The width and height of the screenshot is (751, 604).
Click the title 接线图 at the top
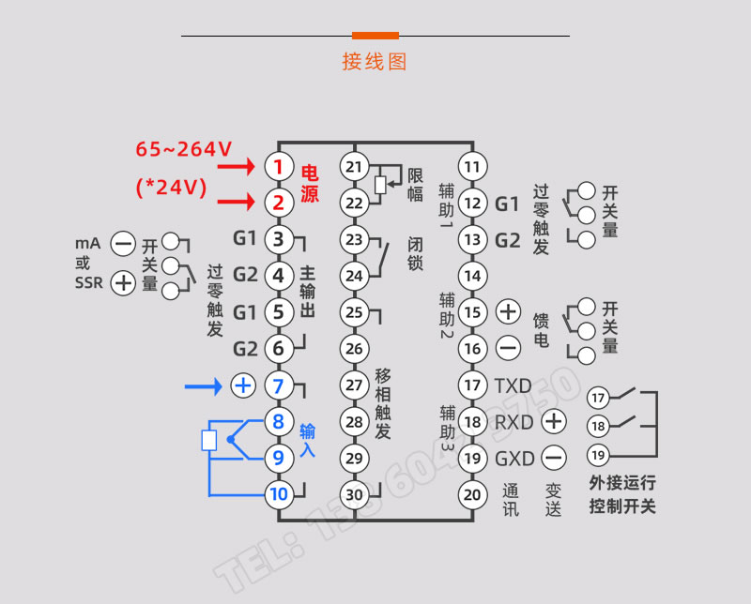click(x=375, y=62)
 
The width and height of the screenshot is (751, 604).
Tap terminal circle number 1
click(x=279, y=167)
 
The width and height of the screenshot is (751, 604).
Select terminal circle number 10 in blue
click(x=279, y=493)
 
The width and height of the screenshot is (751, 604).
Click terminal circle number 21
click(x=354, y=167)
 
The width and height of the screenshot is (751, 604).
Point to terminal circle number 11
click(x=473, y=167)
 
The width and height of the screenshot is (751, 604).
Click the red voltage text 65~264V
click(x=184, y=149)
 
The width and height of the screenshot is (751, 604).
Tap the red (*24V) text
click(x=171, y=187)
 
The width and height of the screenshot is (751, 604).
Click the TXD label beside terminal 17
click(x=513, y=385)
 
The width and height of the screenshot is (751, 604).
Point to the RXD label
click(x=513, y=422)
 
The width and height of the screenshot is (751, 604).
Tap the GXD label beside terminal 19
click(x=513, y=459)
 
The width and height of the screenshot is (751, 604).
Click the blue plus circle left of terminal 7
click(x=242, y=385)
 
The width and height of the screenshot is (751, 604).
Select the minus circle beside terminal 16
click(x=508, y=349)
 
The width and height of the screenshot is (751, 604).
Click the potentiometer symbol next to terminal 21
click(x=380, y=184)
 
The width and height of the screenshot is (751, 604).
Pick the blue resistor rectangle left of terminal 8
click(x=209, y=440)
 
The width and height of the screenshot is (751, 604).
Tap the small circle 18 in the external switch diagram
click(x=598, y=427)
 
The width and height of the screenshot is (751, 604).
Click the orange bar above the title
click(x=375, y=36)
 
